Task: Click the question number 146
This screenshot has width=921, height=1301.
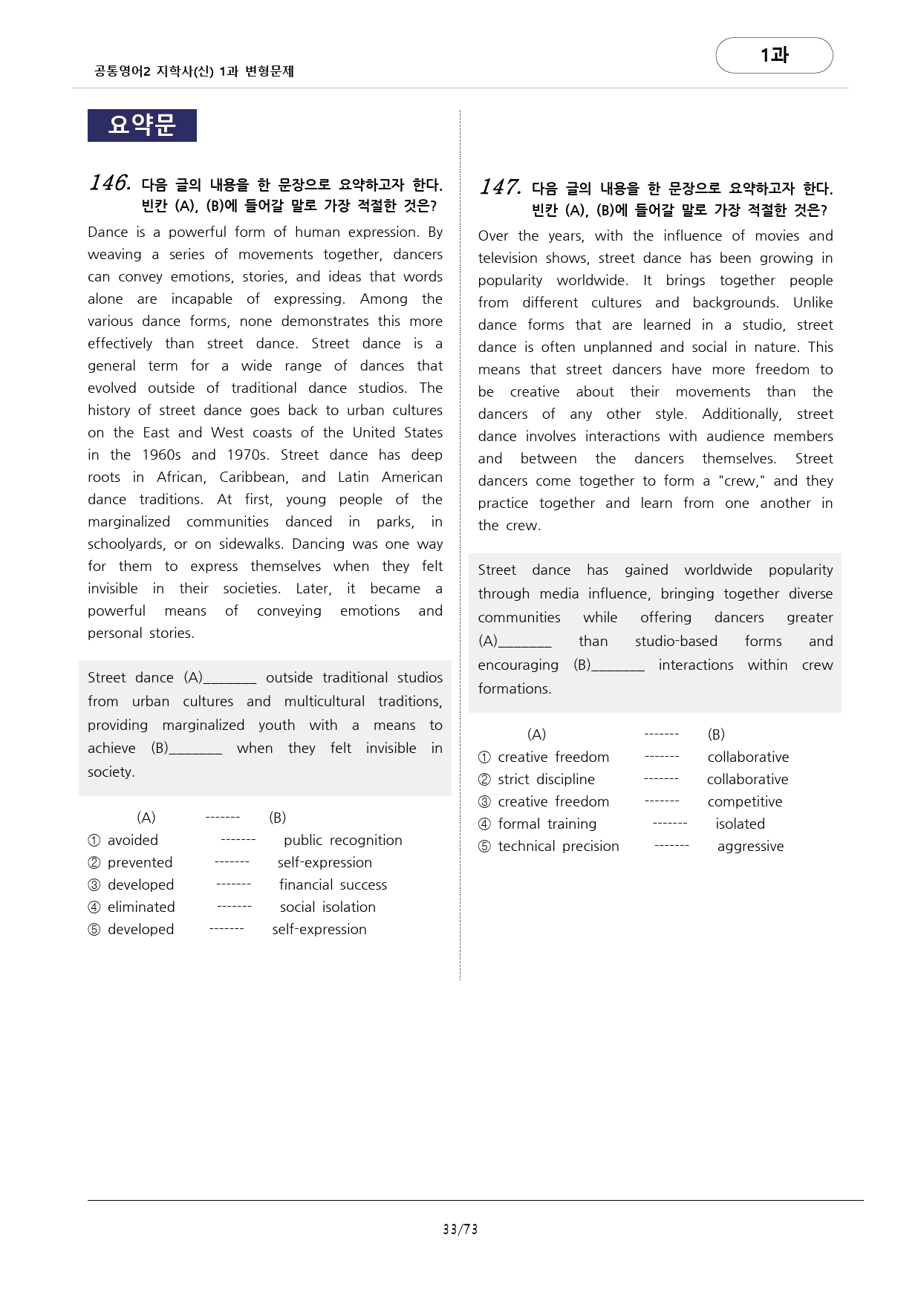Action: point(110,183)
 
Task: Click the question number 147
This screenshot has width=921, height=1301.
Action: point(499,187)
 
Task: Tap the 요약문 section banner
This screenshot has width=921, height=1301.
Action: point(142,125)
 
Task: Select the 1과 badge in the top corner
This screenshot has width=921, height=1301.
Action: point(774,55)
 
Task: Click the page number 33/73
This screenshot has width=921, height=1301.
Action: point(460,1229)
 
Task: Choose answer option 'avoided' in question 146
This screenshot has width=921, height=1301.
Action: point(132,840)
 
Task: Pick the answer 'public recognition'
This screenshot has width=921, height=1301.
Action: point(342,840)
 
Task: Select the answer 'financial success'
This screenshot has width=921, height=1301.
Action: point(333,884)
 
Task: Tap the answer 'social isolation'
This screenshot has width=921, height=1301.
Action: point(328,907)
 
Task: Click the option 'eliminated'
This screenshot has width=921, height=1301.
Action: point(141,907)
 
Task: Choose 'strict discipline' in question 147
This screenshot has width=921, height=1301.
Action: point(546,779)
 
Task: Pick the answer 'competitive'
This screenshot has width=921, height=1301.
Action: point(744,801)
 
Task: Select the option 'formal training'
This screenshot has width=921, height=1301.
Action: point(547,824)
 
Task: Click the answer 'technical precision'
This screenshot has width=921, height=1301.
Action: point(558,846)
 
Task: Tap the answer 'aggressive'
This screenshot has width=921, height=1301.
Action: point(750,846)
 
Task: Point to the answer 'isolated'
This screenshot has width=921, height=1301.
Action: point(740,824)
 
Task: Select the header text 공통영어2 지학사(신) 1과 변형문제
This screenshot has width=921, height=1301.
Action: point(194,71)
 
